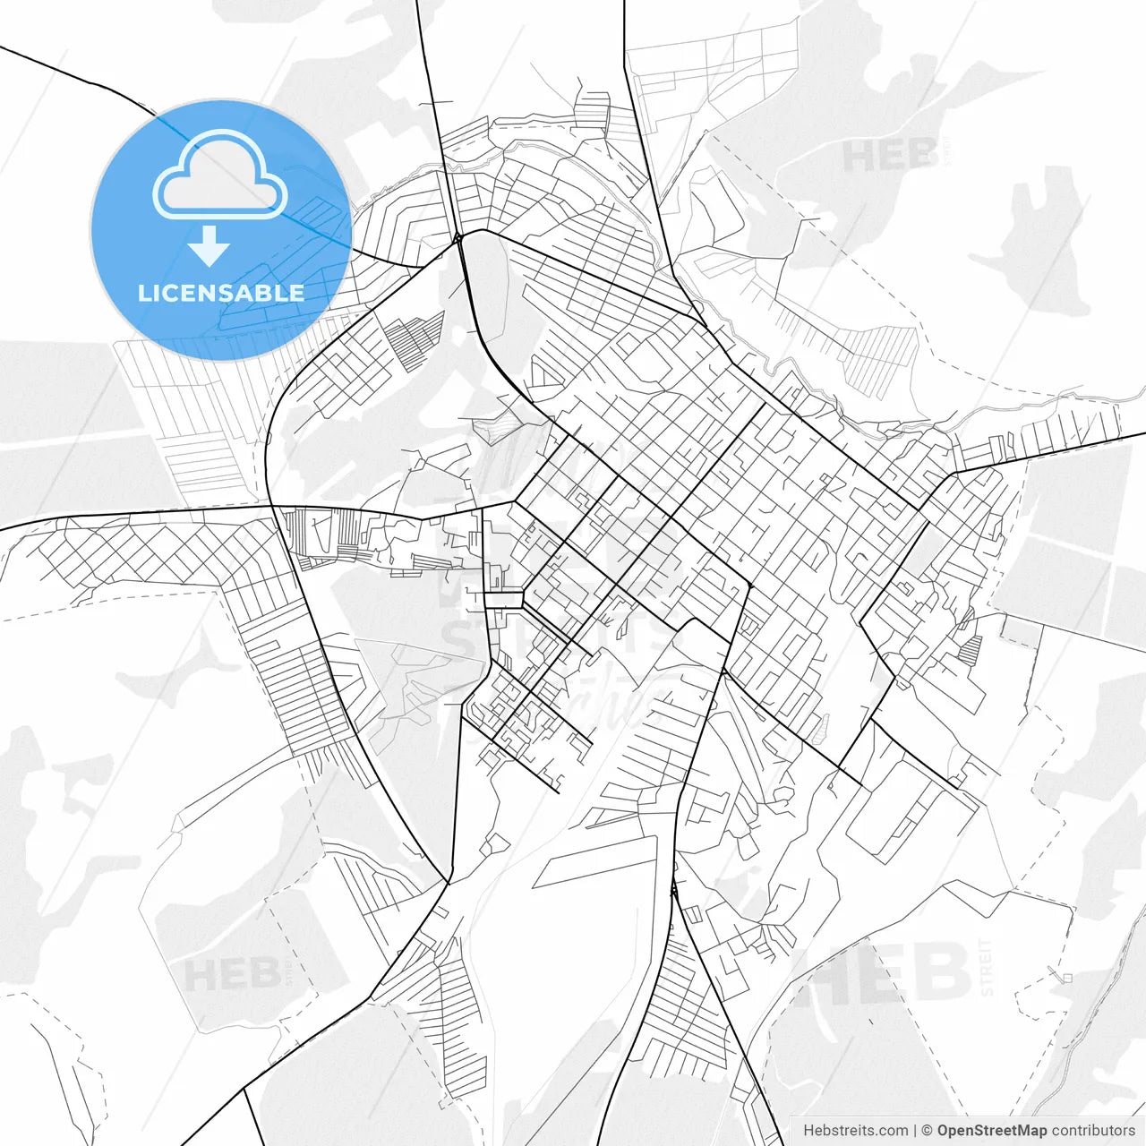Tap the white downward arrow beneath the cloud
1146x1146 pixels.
click(x=210, y=246)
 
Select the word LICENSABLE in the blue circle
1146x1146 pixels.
click(x=220, y=293)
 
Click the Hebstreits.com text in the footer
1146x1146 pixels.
click(x=855, y=1131)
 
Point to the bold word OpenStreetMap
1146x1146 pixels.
click(x=992, y=1131)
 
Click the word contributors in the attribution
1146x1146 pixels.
click(x=1093, y=1131)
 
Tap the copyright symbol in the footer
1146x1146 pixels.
click(x=928, y=1131)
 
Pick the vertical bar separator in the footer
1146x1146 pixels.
click(x=915, y=1131)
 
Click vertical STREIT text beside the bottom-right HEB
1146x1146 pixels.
click(x=987, y=967)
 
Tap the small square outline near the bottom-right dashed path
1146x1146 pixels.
click(x=1067, y=978)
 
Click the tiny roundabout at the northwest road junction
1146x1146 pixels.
click(x=458, y=238)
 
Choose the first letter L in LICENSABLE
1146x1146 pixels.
click(x=143, y=293)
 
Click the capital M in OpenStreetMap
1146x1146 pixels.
click(x=1026, y=1131)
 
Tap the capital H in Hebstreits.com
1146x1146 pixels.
click(x=809, y=1131)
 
